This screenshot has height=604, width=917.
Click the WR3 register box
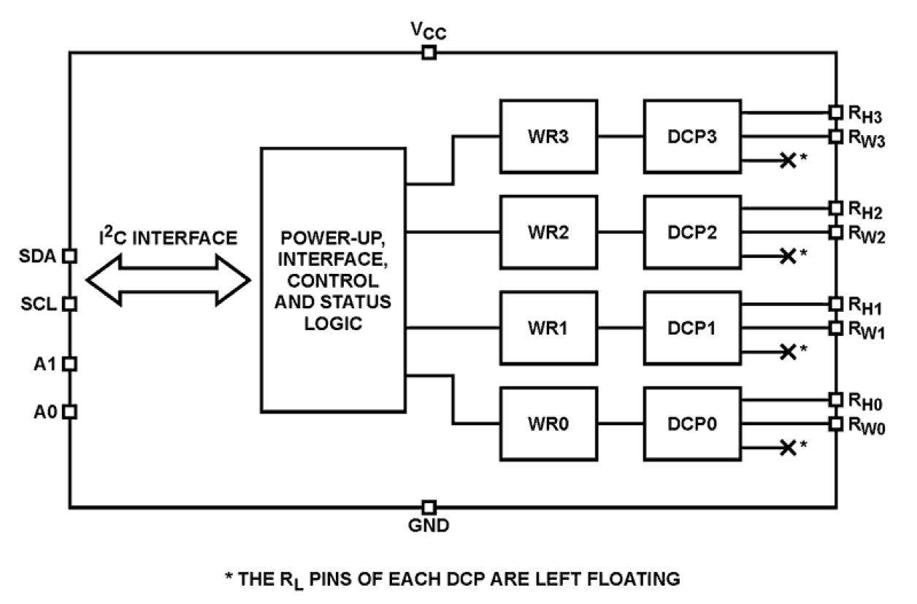[548, 137]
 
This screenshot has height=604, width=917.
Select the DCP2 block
[691, 232]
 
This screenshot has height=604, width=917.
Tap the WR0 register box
[548, 424]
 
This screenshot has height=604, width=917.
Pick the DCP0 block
[691, 424]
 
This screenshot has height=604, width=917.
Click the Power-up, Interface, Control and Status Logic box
[333, 280]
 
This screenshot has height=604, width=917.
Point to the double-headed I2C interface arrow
[168, 280]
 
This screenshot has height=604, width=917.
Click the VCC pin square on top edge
[429, 53]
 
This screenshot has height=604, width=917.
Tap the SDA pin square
[69, 256]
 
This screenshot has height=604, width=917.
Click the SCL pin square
[69, 304]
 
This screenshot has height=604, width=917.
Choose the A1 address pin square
[69, 364]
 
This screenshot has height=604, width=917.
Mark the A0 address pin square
[69, 412]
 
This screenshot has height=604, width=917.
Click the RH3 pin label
[867, 114]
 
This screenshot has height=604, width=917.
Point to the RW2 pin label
[867, 234]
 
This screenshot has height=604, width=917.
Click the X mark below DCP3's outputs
[787, 160]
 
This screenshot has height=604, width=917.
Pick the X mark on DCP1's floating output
[787, 351]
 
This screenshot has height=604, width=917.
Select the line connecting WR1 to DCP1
[621, 328]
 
